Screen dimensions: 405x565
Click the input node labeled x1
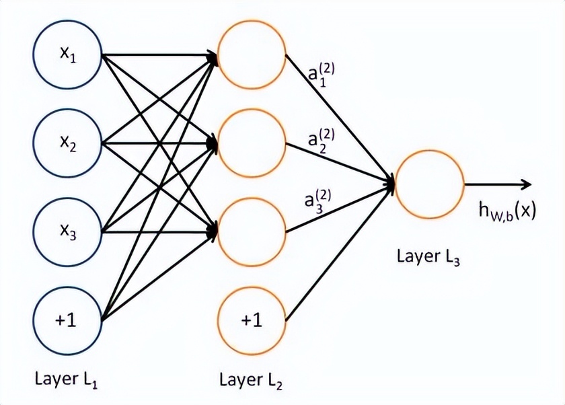[67, 56]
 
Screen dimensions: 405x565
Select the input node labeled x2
[67, 143]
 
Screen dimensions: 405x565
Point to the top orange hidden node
[251, 56]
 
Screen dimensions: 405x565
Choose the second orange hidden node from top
[251, 143]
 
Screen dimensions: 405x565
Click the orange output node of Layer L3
[429, 184]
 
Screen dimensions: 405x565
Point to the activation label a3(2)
[315, 202]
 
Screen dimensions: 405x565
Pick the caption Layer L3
[428, 257]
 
